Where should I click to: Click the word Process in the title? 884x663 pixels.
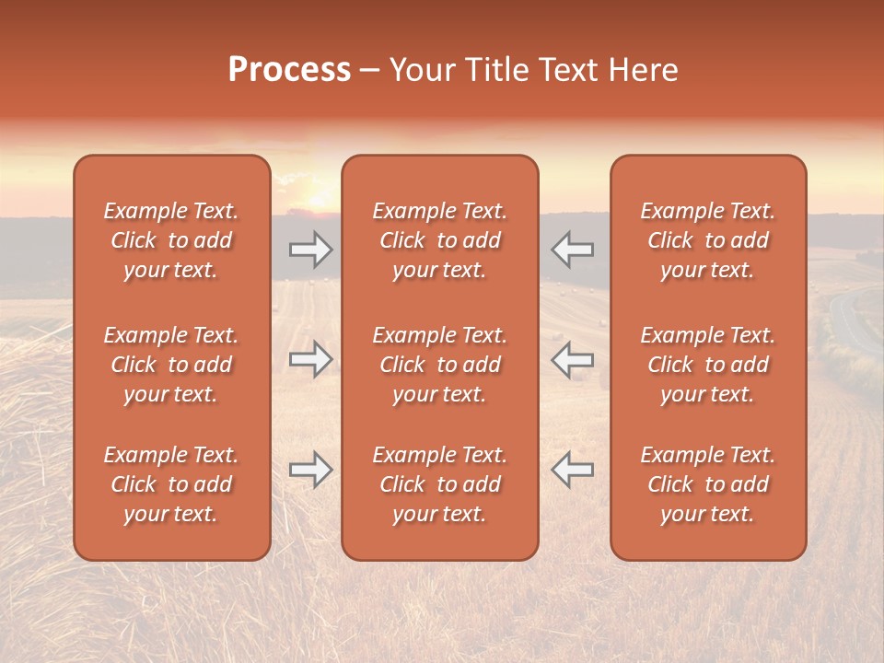pos(289,70)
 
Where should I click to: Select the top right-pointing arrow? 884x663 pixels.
pos(310,250)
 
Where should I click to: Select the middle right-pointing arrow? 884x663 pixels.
pos(310,359)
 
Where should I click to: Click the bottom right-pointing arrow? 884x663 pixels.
pos(310,470)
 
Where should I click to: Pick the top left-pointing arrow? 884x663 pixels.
pos(572,250)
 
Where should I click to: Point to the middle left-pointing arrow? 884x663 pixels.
pos(572,359)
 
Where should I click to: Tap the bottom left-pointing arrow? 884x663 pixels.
pos(572,470)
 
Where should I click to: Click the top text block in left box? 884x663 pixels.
pos(171,240)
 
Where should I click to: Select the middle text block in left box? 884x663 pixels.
pos(171,365)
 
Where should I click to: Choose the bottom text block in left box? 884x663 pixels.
pos(171,484)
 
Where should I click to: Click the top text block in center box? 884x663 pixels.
pos(440,240)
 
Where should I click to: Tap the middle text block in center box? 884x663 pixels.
pos(440,365)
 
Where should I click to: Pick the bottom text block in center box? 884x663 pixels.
pos(440,484)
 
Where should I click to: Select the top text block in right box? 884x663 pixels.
pos(708,240)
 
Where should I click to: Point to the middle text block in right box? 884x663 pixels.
pos(708,365)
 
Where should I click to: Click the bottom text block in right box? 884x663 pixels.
pos(708,484)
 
